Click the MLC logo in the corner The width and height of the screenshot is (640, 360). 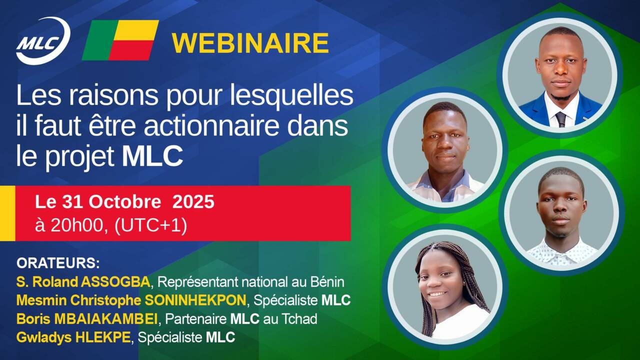tap(43, 41)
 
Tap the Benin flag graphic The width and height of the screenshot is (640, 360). tap(120, 40)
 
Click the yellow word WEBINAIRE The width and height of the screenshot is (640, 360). tap(250, 43)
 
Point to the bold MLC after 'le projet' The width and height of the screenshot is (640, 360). tap(152, 156)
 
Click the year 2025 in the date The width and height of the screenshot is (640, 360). tap(193, 201)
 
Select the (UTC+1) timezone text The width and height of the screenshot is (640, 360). tap(150, 225)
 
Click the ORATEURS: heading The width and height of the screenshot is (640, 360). tap(58, 263)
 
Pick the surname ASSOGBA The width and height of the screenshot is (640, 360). tap(115, 282)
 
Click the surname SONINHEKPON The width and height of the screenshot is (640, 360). tap(195, 300)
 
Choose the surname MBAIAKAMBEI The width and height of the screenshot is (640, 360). tap(105, 319)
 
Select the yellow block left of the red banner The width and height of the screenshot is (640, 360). tap(7, 213)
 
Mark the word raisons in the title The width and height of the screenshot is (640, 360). tap(113, 95)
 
